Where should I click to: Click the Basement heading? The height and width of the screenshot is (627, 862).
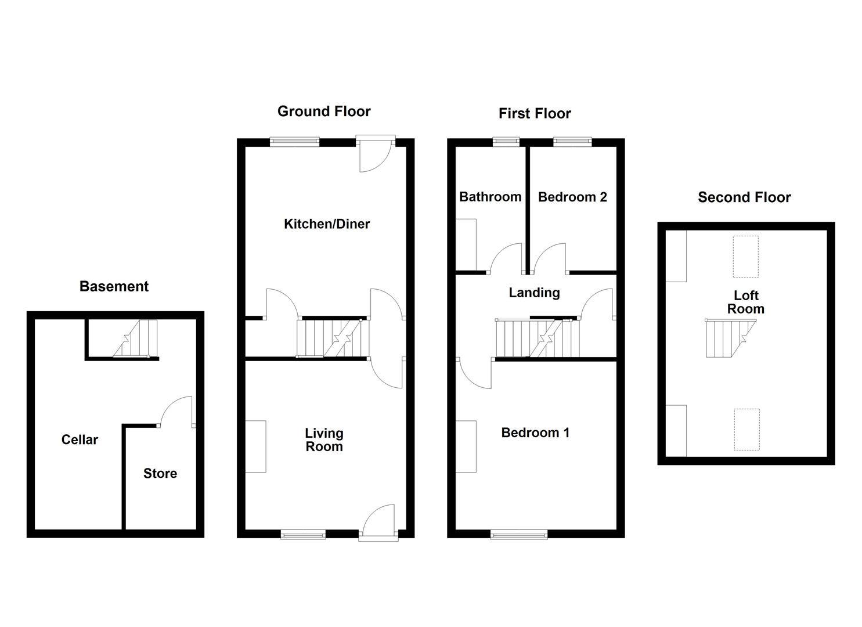[114, 286]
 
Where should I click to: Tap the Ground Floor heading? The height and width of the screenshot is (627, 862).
[324, 111]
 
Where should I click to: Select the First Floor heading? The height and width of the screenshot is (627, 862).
[535, 114]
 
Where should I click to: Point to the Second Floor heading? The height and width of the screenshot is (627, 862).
[744, 197]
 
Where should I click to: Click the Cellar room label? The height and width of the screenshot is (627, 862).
[80, 440]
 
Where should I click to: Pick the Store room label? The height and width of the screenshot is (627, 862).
[160, 474]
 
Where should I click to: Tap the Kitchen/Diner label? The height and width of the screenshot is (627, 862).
[327, 224]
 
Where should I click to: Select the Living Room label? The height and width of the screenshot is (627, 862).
[324, 440]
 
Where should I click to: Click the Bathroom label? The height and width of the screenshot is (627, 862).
[490, 197]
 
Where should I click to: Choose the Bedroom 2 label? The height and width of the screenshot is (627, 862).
[572, 197]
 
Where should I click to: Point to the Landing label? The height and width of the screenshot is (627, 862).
[534, 293]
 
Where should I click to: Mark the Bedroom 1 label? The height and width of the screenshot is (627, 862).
[535, 433]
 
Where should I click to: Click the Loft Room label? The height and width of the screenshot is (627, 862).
[746, 302]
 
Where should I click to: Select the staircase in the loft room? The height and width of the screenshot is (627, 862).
[728, 338]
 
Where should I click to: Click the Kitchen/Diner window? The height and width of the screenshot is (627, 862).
[295, 141]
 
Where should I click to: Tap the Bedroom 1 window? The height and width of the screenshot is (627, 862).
[519, 534]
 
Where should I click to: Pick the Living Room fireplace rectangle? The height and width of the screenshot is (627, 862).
[256, 446]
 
